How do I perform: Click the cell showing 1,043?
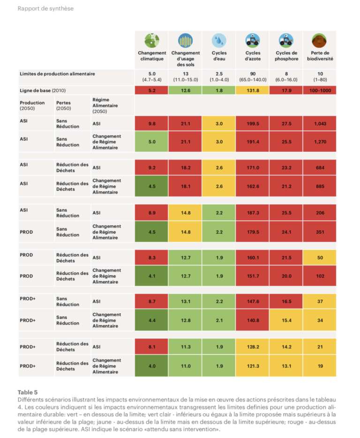[x=320, y=124]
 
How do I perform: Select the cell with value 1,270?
[x=320, y=141]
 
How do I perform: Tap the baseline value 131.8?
[x=253, y=90]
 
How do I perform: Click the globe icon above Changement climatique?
[x=152, y=40]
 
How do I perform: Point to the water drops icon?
[x=219, y=40]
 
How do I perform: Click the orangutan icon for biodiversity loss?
[x=320, y=40]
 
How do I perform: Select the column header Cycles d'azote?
[x=253, y=56]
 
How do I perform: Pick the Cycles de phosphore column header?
[x=286, y=56]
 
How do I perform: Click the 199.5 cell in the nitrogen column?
[x=253, y=124]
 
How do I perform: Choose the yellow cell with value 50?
[x=320, y=257]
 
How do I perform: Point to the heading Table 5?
[x=28, y=392]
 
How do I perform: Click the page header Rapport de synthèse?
[x=45, y=8]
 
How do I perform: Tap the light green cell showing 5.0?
[x=152, y=141]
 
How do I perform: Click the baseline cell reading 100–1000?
[x=320, y=90]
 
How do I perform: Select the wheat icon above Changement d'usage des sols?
[x=186, y=40]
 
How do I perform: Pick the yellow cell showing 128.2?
[x=253, y=347]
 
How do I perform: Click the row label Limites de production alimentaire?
[x=57, y=74]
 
